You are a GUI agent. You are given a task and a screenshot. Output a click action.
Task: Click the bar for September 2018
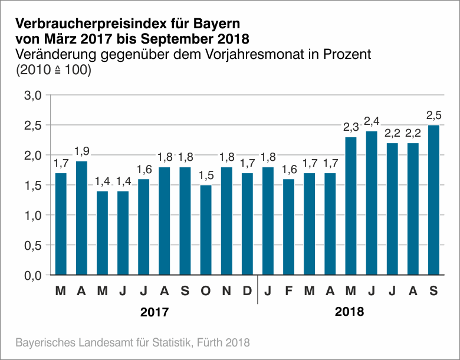pos(433,200)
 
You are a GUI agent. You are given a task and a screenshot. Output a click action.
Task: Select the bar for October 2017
pos(206,230)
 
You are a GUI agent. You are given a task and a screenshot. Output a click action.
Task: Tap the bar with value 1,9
pos(81,218)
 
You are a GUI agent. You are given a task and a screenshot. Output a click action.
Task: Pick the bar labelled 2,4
pos(372,203)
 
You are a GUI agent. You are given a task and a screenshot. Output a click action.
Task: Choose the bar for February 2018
pos(288,227)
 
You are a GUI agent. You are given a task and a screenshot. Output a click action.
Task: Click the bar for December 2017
pos(247,224)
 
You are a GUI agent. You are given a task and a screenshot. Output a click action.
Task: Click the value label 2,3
pos(351,127)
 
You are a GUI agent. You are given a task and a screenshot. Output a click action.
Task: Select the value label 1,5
pos(206,175)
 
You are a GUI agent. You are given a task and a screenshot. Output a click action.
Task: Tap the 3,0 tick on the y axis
pos(32,95)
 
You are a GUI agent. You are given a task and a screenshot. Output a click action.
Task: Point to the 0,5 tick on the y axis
pos(32,245)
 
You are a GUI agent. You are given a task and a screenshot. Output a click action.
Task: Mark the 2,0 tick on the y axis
pos(32,156)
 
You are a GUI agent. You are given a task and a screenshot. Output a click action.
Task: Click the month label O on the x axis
pos(206,291)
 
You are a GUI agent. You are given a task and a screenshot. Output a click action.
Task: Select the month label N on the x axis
pos(226,291)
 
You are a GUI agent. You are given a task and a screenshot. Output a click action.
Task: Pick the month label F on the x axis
pos(288,291)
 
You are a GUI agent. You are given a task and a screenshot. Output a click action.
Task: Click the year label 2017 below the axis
pos(155,312)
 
